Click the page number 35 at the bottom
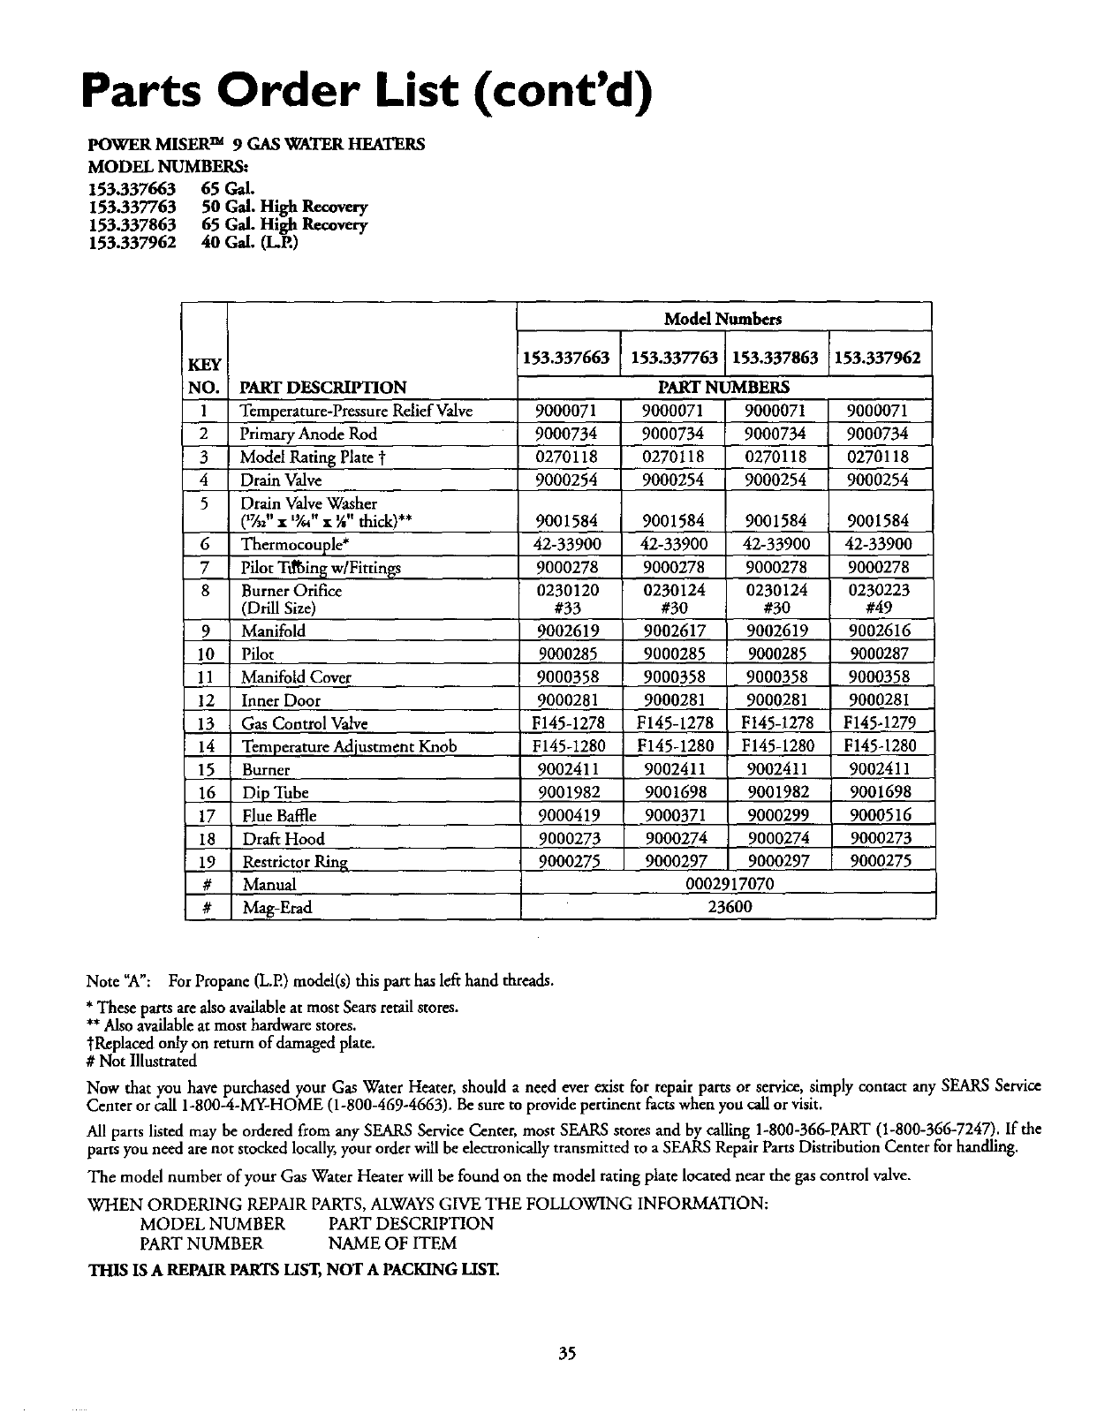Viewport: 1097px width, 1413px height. pos(567,1353)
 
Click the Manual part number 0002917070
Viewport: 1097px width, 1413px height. pos(730,884)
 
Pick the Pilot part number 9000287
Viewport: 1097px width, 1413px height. pos(880,654)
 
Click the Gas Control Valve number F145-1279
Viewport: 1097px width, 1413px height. pos(880,723)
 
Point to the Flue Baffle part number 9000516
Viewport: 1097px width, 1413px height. pos(880,815)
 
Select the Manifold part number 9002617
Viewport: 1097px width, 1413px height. pos(674,631)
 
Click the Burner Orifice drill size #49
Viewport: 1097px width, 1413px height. pos(880,608)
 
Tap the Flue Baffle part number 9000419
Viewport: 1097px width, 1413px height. pos(569,815)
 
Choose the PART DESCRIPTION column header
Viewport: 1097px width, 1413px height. pos(323,387)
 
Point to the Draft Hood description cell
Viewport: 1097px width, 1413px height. pos(284,839)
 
